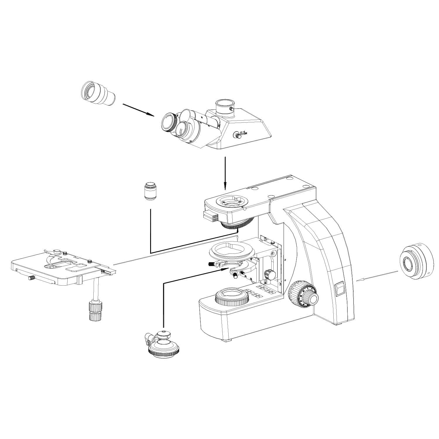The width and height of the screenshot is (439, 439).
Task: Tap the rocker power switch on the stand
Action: (x=340, y=288)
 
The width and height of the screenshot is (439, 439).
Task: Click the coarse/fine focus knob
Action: (x=304, y=296)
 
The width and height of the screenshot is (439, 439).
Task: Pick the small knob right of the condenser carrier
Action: (x=269, y=274)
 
